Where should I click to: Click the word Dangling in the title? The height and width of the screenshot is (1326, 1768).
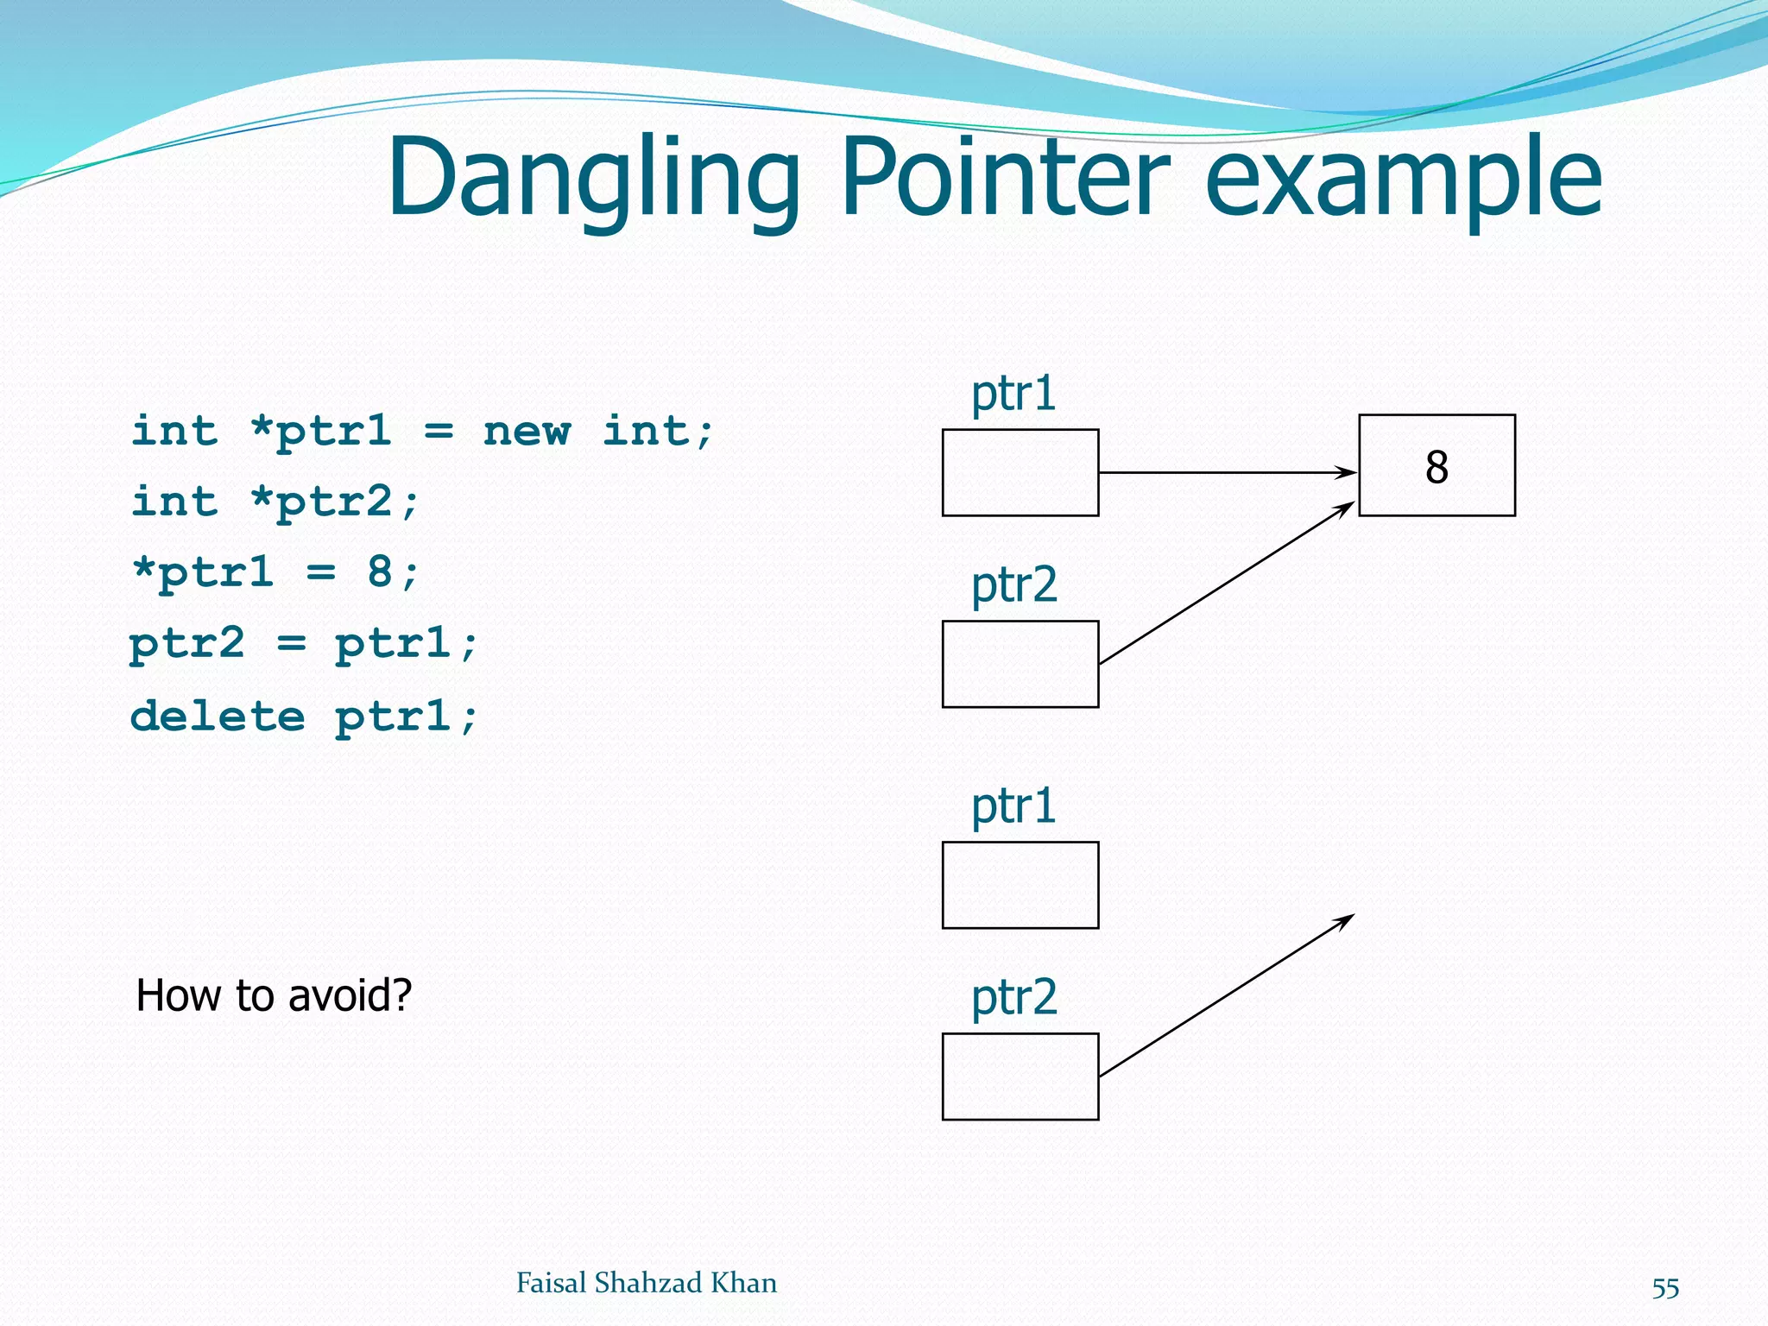(x=594, y=179)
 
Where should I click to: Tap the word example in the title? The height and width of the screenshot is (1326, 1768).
(x=1403, y=179)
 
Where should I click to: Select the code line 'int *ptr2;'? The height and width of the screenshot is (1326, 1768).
(x=275, y=502)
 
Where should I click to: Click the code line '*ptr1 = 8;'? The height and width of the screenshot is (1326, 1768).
(x=275, y=572)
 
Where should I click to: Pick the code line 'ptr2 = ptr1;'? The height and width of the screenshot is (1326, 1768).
(x=302, y=644)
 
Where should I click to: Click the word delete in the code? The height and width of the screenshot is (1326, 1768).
(x=218, y=716)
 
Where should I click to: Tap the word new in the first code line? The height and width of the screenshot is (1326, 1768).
(x=527, y=431)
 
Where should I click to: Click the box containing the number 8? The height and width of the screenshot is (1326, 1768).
(x=1436, y=465)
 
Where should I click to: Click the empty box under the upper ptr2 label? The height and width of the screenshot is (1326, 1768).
(x=1020, y=664)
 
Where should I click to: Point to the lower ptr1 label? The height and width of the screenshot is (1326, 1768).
(x=1013, y=806)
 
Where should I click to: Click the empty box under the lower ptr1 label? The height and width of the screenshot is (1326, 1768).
(x=1020, y=885)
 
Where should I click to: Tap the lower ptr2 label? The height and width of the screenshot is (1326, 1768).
(x=1013, y=998)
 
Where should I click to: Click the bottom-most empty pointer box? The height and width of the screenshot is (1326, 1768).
(x=1020, y=1077)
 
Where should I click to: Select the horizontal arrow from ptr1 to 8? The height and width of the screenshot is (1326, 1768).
(x=1226, y=472)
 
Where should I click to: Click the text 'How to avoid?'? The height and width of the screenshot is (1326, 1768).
(x=274, y=995)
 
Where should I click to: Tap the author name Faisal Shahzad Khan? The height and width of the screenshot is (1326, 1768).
(x=646, y=1283)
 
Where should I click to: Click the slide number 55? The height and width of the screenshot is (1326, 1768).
(x=1664, y=1288)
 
